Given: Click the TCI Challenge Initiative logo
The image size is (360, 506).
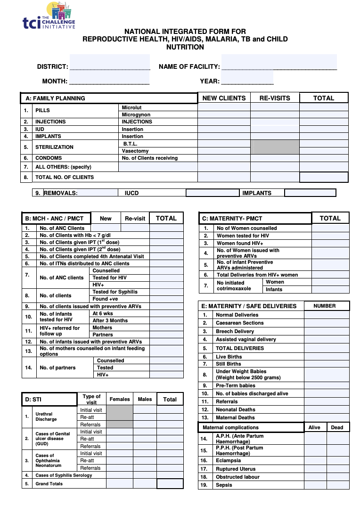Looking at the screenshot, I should [x=49, y=16].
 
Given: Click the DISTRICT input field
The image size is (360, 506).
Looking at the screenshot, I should [x=109, y=63].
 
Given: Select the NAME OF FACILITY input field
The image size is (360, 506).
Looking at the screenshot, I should [x=279, y=63].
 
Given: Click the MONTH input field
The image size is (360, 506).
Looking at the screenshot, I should [x=109, y=78].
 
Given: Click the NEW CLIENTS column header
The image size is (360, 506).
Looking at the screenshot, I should [x=224, y=98].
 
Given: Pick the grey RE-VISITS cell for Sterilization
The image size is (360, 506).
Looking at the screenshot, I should [x=275, y=147].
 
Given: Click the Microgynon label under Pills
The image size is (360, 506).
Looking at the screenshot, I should [x=136, y=115].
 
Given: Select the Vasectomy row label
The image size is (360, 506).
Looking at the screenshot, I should [x=135, y=151].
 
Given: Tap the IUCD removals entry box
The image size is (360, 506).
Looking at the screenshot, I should [x=213, y=193].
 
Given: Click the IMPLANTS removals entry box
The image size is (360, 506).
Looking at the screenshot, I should [x=310, y=193].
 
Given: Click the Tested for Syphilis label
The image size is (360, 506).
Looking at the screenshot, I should [x=115, y=292].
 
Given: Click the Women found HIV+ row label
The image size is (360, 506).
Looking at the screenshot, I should [x=240, y=243].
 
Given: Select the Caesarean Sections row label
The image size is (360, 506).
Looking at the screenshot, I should [x=239, y=323].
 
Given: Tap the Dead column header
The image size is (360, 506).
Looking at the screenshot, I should [x=337, y=427].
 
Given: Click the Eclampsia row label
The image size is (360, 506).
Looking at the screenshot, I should [x=228, y=460].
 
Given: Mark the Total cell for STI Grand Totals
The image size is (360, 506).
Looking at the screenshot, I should [x=170, y=484].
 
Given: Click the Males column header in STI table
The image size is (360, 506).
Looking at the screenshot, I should [x=145, y=399].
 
